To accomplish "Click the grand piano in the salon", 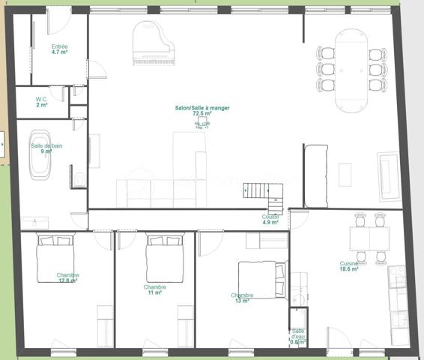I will point(154,44).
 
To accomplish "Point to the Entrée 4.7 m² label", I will point(60,49).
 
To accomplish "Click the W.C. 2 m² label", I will point(42,102).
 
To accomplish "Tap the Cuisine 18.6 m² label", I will point(348,266).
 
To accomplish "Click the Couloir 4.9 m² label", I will point(270,219).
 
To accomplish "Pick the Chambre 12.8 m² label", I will point(67,278).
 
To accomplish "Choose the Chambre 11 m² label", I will point(155,290).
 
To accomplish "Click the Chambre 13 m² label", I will point(242,298).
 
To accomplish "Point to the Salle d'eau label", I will point(298,335).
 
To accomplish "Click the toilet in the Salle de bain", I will point(80,178).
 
